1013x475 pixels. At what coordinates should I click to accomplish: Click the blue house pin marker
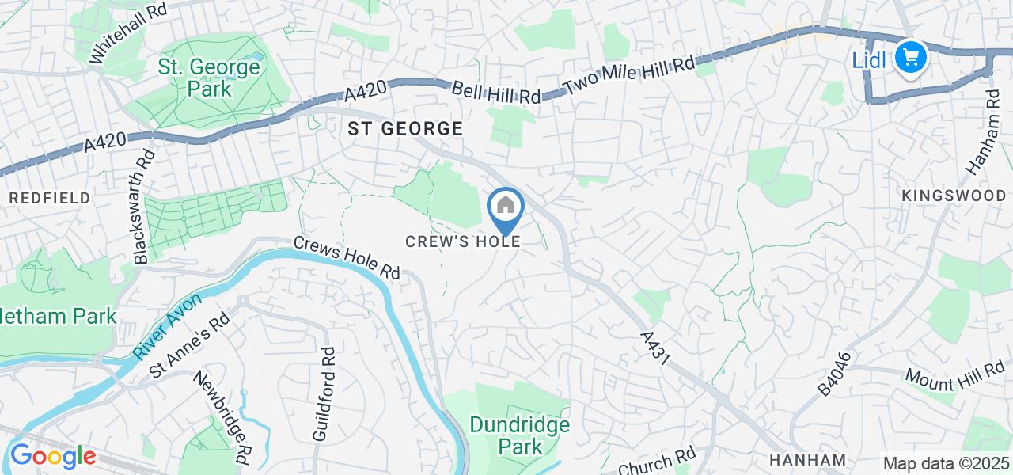click(x=506, y=209)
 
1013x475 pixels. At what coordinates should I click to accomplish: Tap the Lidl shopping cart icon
click(x=910, y=57)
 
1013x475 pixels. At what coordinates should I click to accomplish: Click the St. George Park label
click(x=209, y=78)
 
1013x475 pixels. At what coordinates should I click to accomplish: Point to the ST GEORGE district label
click(x=404, y=129)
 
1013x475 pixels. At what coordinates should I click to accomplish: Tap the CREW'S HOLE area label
click(x=462, y=241)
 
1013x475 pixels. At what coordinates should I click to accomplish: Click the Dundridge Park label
click(x=520, y=435)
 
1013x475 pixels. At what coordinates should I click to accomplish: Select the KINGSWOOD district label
click(x=954, y=196)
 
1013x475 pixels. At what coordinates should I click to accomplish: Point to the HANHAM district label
click(x=808, y=459)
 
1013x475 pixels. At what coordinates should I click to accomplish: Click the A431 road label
click(x=655, y=348)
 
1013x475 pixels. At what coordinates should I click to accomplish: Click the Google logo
click(x=52, y=457)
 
